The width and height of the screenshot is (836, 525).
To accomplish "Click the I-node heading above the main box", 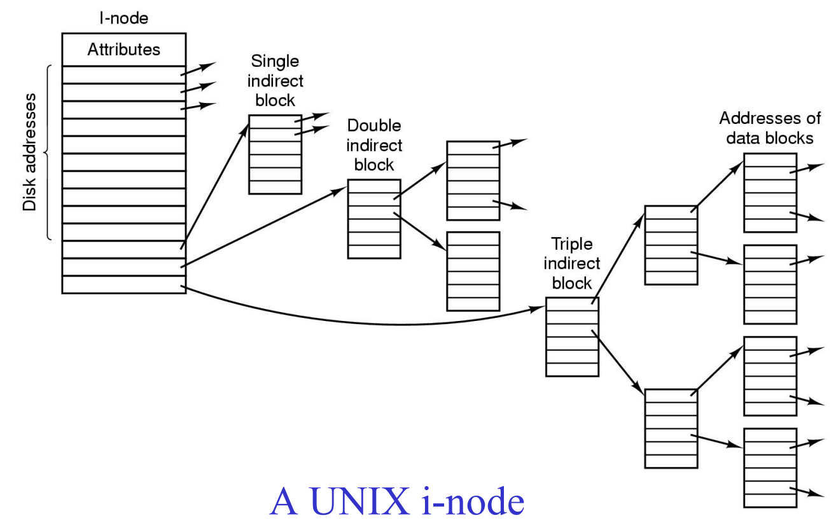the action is tap(123, 18).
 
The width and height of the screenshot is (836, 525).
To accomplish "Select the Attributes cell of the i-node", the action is tap(124, 50).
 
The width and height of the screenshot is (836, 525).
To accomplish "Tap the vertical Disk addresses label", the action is tap(29, 152).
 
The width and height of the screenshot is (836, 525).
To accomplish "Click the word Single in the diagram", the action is tap(275, 62).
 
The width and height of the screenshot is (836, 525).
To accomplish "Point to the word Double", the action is tap(374, 125).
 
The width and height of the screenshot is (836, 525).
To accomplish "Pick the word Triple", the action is tap(572, 245).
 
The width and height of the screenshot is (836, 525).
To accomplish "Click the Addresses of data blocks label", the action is tap(770, 128).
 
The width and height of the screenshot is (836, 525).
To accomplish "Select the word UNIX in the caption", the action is tap(359, 501).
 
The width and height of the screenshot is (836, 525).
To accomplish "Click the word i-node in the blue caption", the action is tap(473, 501).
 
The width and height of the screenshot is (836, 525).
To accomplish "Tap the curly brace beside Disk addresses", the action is tap(47, 152).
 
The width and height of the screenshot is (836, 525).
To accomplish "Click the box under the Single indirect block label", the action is tap(275, 154).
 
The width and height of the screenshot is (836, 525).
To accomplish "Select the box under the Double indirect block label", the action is tap(374, 219).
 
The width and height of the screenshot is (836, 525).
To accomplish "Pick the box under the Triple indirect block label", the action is tap(572, 337).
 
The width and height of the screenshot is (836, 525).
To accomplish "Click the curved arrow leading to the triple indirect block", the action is tap(373, 324).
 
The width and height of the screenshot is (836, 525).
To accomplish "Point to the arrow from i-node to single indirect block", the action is tap(214, 186).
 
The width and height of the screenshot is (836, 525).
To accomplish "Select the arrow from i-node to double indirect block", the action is tap(263, 227).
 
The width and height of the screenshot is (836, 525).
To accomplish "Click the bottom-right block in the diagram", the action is tap(770, 468).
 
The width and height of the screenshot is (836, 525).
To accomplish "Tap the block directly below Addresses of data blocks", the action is tap(770, 193).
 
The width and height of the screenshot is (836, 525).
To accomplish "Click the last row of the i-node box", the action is tap(124, 285).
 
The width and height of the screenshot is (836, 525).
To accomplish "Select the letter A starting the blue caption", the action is tap(284, 501).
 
